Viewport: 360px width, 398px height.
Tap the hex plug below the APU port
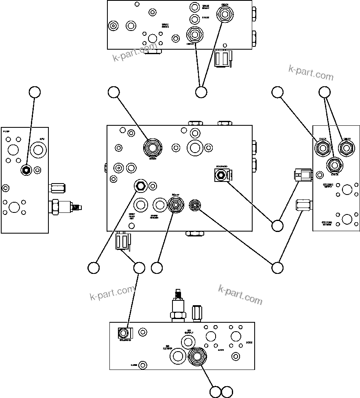(x=26, y=170)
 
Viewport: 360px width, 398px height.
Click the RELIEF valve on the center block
(x=176, y=204)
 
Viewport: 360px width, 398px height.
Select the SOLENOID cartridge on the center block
(x=221, y=175)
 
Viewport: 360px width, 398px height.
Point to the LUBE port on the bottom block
(x=142, y=365)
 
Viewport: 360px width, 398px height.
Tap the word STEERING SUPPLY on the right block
(x=328, y=186)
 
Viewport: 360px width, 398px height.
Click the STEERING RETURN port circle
(x=347, y=219)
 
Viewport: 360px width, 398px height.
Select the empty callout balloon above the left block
(x=35, y=92)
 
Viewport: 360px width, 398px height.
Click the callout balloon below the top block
(x=201, y=92)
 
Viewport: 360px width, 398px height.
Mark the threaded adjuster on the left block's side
(x=76, y=208)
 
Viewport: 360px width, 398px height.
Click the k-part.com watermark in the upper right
(x=311, y=72)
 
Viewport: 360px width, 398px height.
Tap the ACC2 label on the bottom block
(x=249, y=343)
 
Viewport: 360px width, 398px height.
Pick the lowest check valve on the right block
(x=334, y=165)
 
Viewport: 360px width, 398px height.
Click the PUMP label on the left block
(x=6, y=132)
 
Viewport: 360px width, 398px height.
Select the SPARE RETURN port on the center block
(x=158, y=204)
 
